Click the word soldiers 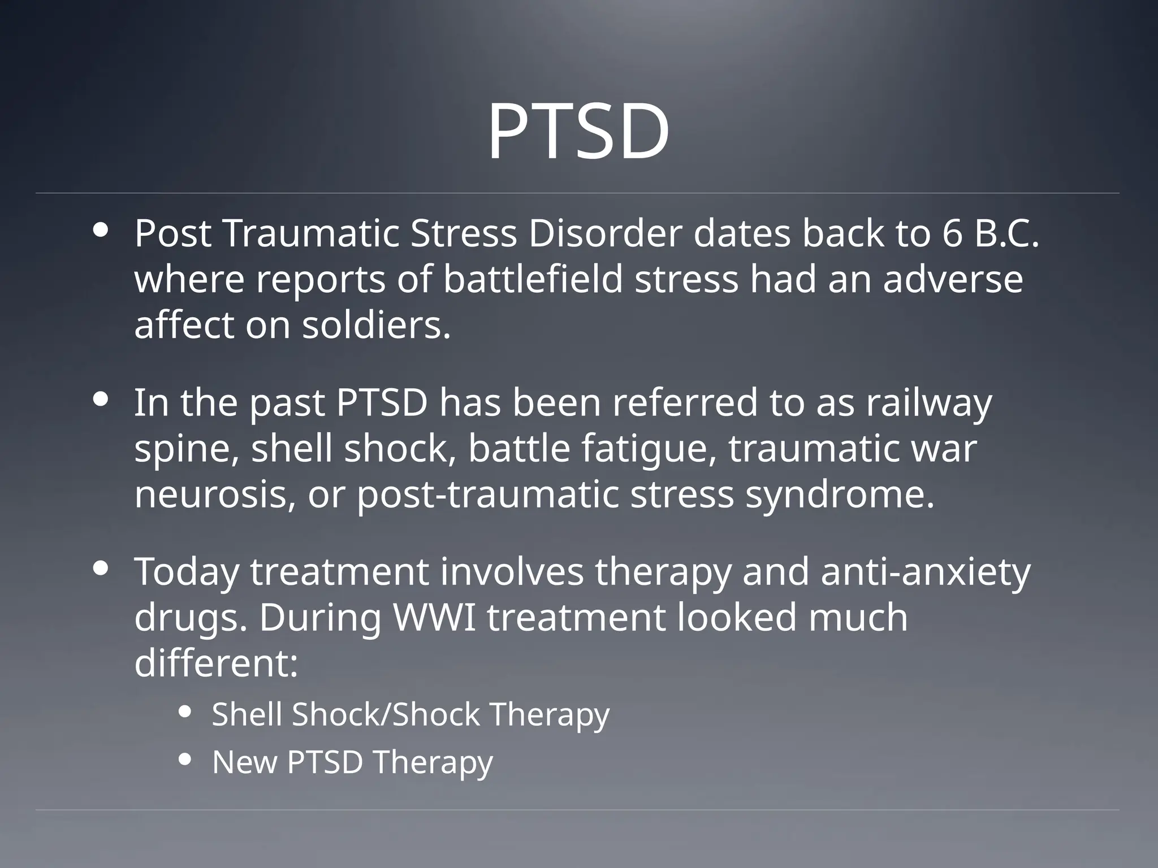pyautogui.click(x=375, y=326)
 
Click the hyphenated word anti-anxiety pyautogui.click(x=926, y=572)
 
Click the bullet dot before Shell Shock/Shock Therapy pyautogui.click(x=185, y=713)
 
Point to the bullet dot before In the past pyautogui.click(x=102, y=400)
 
